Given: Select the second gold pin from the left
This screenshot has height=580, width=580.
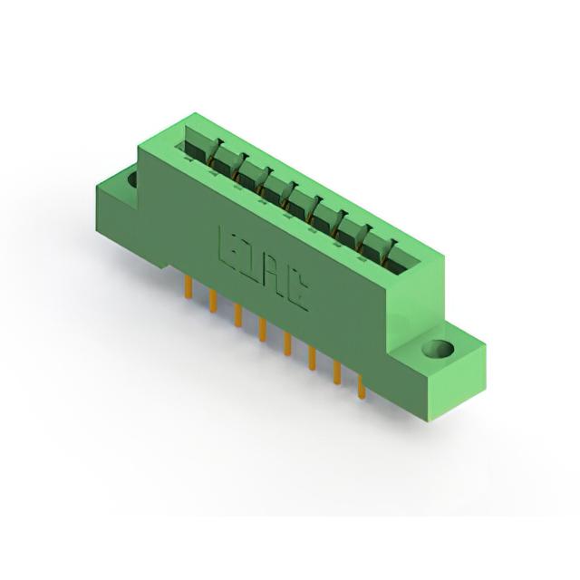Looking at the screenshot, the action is pos(213,301).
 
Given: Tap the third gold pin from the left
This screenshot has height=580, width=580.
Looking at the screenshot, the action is pos(238,314).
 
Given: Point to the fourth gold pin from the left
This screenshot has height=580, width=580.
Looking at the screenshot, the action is pos(263,329).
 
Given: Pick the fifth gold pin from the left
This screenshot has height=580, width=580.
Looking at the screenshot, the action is pos(287,343).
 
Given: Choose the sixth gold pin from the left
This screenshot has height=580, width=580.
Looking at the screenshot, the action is pos(313,359).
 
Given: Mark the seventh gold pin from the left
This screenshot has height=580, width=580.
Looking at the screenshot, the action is pos(337,372).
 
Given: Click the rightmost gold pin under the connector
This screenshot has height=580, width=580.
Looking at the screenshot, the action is pos(362,387).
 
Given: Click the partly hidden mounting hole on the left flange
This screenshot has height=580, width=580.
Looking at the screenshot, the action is pos(132,179).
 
